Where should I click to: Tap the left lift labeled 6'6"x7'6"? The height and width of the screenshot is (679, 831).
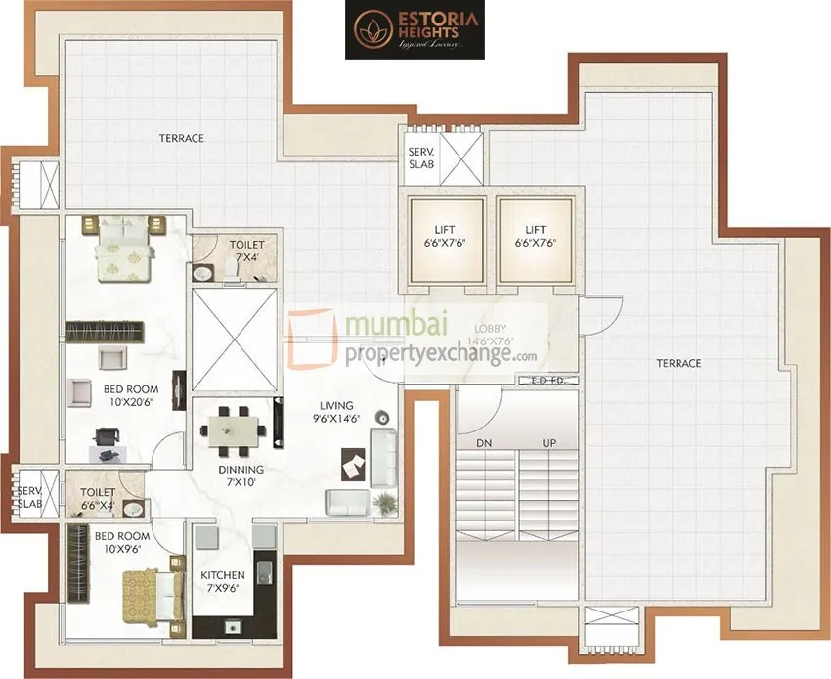pos(446,241)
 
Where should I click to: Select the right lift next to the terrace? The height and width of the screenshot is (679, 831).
pos(534,241)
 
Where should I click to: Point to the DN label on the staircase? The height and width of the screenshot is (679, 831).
pos(483,443)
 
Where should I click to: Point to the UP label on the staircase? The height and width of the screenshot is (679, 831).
pos(550,443)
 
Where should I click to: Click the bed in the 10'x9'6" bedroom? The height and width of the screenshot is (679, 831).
pos(152,591)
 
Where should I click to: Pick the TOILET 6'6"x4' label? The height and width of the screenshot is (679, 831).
pos(98,499)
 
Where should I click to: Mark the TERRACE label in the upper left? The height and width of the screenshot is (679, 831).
pos(182,138)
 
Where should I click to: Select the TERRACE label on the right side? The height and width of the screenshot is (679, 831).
pos(678,363)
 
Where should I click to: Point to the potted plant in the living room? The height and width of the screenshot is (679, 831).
pos(387,500)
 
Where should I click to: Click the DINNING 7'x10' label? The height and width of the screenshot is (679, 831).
pos(241,475)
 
